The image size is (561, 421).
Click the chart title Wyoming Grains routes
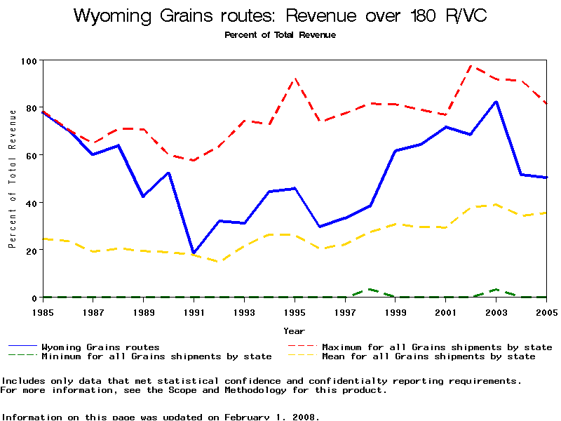[280, 16]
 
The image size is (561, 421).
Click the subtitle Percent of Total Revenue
[280, 34]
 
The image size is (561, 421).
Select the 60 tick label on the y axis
[29, 155]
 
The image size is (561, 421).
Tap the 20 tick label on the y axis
[29, 250]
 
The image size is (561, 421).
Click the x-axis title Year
[295, 330]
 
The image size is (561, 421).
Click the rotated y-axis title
[12, 179]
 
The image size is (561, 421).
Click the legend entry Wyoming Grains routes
[100, 347]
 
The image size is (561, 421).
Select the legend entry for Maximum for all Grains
[437, 347]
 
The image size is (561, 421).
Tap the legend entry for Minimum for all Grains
[156, 356]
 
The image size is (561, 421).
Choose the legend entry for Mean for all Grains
[428, 356]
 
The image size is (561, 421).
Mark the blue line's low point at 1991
[194, 253]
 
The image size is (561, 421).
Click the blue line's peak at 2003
[496, 102]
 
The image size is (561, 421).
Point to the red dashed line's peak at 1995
[295, 79]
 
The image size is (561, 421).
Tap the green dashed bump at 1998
[370, 289]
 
